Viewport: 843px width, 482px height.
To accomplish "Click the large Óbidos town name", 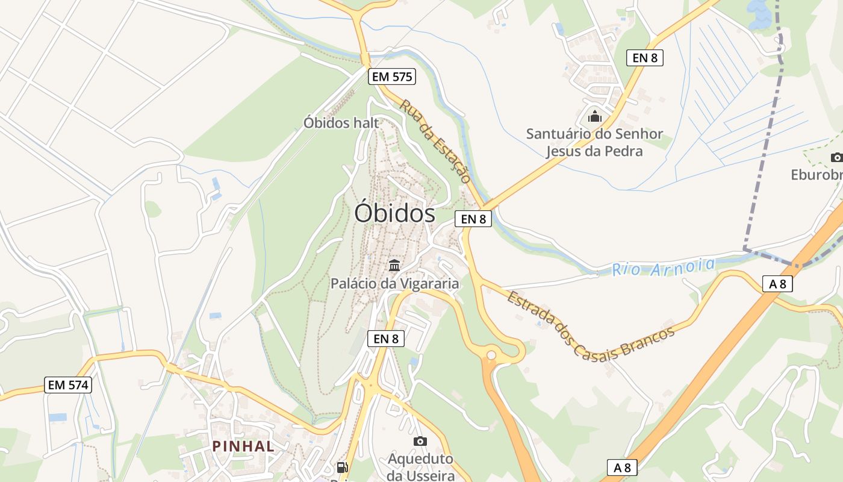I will pyautogui.click(x=394, y=213).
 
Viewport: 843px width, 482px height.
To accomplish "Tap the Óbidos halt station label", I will pyautogui.click(x=341, y=123).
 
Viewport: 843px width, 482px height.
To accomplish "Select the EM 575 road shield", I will pyautogui.click(x=392, y=77).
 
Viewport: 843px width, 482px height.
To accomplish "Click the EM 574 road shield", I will pyautogui.click(x=68, y=384).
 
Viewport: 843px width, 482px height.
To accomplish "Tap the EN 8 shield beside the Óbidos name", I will pyautogui.click(x=473, y=219).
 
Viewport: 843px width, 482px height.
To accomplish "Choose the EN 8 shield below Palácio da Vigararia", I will pyautogui.click(x=386, y=339).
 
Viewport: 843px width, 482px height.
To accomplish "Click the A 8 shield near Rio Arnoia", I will pyautogui.click(x=777, y=284).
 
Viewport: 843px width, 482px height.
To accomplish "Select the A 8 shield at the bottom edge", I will pyautogui.click(x=622, y=467).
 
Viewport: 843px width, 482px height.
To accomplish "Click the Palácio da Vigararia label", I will pyautogui.click(x=394, y=283).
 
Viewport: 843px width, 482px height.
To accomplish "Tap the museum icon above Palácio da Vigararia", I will pyautogui.click(x=394, y=265).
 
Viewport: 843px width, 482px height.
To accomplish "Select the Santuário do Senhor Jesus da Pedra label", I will pyautogui.click(x=594, y=142).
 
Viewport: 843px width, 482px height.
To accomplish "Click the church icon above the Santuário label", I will pyautogui.click(x=594, y=116).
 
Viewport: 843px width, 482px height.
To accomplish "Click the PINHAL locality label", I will pyautogui.click(x=243, y=446).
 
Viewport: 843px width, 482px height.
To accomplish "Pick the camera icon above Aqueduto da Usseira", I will pyautogui.click(x=420, y=442).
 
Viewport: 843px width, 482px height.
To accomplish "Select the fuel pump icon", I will pyautogui.click(x=342, y=467).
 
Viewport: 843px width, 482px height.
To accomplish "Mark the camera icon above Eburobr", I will pyautogui.click(x=836, y=158).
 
